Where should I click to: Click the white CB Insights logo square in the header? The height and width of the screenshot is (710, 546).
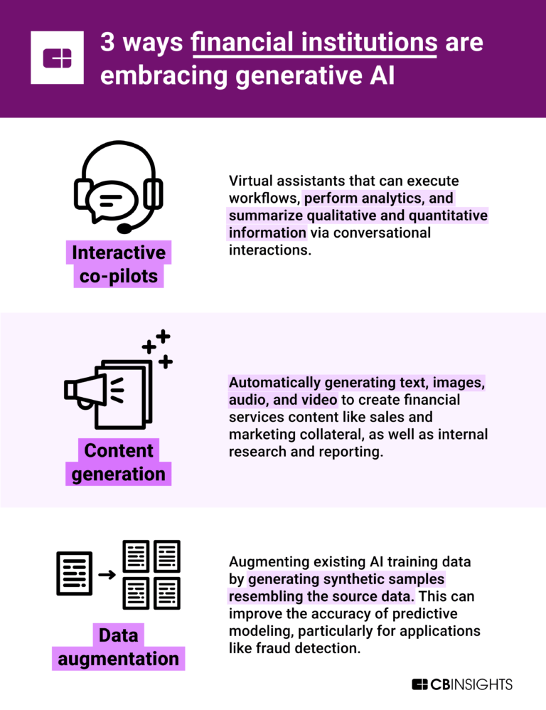point(58,58)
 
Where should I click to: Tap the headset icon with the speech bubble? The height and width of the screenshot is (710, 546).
point(119,186)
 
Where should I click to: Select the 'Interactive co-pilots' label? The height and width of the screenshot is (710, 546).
point(119,264)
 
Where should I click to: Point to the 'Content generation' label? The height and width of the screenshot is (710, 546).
point(119,462)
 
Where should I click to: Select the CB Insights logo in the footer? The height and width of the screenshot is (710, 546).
point(462,684)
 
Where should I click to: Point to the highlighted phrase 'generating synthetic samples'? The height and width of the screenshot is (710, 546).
point(346,579)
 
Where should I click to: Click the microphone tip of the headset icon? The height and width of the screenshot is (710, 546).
point(124,228)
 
